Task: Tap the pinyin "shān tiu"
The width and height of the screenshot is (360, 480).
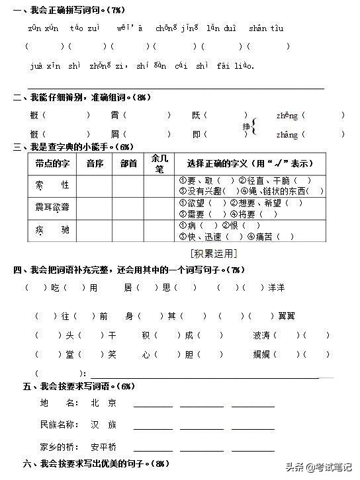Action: pos(266,28)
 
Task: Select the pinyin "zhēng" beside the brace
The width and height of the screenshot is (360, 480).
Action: pos(287,116)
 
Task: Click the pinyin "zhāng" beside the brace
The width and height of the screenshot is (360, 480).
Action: pos(287,135)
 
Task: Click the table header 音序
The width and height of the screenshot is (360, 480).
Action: pos(95,163)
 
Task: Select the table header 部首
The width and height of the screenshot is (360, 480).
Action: pos(128,163)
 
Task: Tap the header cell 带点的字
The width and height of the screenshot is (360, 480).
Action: pos(52,163)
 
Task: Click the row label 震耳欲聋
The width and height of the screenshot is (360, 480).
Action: pos(52,208)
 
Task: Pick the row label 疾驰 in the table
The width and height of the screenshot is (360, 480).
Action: pos(52,230)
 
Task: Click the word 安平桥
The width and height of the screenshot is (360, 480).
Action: pos(107,446)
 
